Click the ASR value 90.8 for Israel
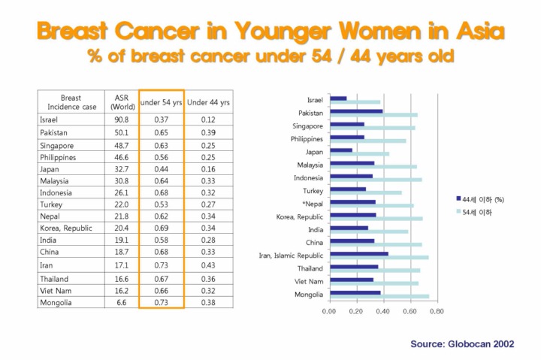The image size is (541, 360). point(121,119)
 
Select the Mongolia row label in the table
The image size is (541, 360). point(56,302)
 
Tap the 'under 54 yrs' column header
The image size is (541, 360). point(161,102)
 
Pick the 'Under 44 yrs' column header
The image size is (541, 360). point(208,102)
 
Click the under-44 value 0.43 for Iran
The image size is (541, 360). point(208,265)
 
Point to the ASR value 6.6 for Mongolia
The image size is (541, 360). point(121,302)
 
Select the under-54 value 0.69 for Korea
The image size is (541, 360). point(161,227)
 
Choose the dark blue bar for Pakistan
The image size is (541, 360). point(356,111)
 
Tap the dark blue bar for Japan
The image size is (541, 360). point(340,150)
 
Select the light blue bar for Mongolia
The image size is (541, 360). point(379,296)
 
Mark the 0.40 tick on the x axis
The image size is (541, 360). point(382,310)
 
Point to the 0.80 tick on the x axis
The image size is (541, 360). point(436,310)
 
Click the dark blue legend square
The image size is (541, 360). point(458,198)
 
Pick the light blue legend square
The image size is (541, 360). point(458,213)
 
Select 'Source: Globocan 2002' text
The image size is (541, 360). point(461,343)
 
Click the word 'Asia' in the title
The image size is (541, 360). point(473,32)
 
